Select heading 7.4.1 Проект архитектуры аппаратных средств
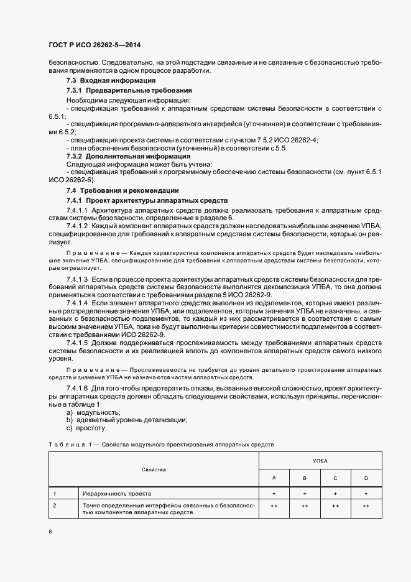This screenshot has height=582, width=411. [147, 201]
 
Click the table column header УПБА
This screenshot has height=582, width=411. [320, 461]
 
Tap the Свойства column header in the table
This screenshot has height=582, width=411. [154, 469]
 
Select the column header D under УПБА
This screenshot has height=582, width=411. [366, 478]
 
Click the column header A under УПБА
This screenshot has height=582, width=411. [274, 478]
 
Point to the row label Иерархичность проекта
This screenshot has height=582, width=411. [117, 493]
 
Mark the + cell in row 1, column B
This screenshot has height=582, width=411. [305, 493]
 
